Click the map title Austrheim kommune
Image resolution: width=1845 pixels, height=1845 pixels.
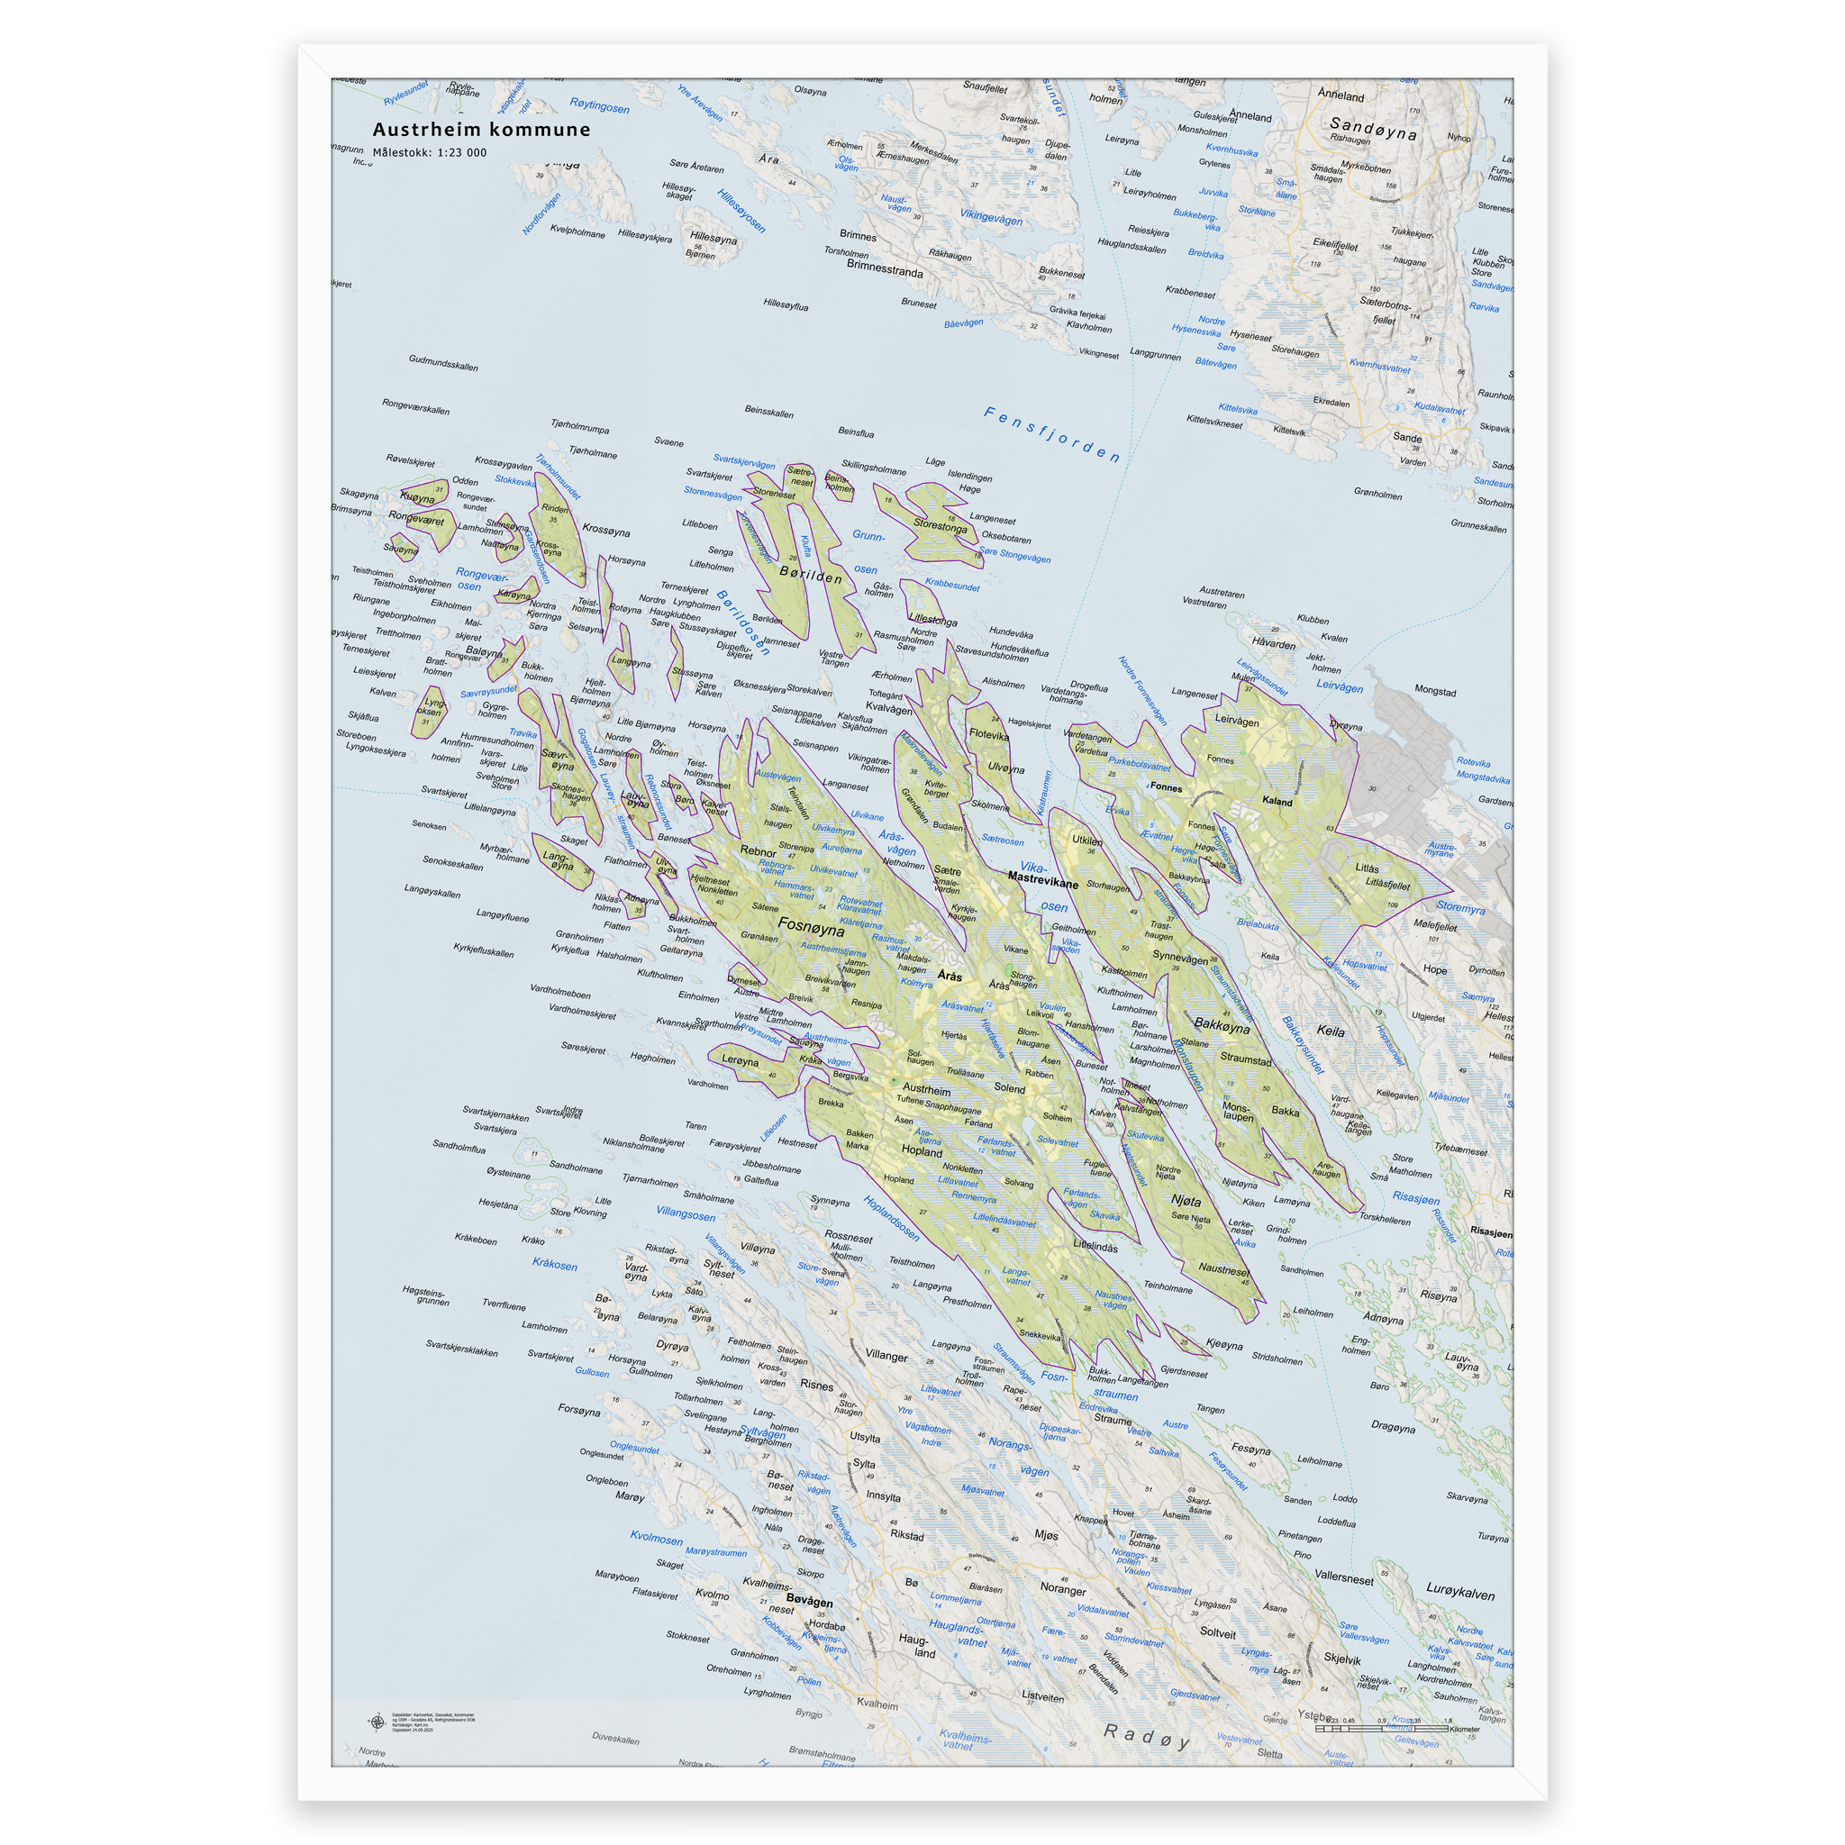pos(481,130)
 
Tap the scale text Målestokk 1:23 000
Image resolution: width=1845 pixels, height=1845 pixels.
pos(430,153)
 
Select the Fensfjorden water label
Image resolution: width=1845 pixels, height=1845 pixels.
pos(1051,433)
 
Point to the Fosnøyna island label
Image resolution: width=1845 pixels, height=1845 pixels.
pos(811,926)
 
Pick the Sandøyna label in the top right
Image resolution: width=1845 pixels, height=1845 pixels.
pos(1372,128)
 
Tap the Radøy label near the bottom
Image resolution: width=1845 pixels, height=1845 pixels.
pos(1147,1736)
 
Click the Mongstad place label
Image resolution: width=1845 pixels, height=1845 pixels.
pos(1434,691)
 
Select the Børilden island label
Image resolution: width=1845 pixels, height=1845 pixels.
pos(811,577)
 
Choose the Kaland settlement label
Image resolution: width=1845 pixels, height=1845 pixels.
pos(1277,801)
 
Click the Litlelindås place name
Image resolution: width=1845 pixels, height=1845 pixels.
pos(1095,1246)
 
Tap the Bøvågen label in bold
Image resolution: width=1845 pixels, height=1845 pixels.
pos(809,1602)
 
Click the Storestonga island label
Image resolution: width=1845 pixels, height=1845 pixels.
pos(940,525)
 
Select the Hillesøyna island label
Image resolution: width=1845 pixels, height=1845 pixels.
pos(713,238)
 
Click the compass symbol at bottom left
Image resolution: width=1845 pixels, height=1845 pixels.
pos(376,1722)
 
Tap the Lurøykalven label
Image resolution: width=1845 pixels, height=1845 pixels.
pos(1460,1594)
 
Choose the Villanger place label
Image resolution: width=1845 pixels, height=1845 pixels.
pos(886,1355)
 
